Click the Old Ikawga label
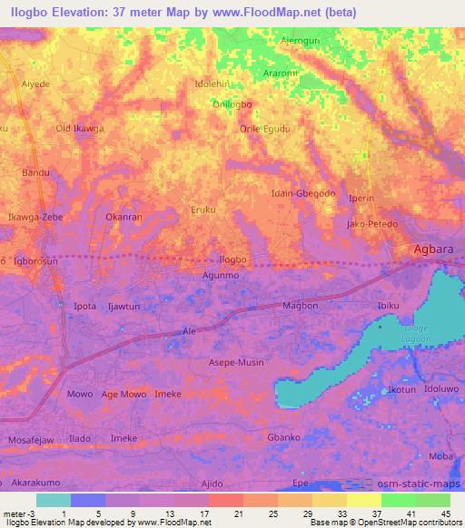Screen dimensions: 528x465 [x=80, y=129]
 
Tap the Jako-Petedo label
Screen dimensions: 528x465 [x=372, y=223]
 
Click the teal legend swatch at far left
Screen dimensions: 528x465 [x=53, y=500]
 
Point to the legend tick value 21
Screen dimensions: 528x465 [x=237, y=514]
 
